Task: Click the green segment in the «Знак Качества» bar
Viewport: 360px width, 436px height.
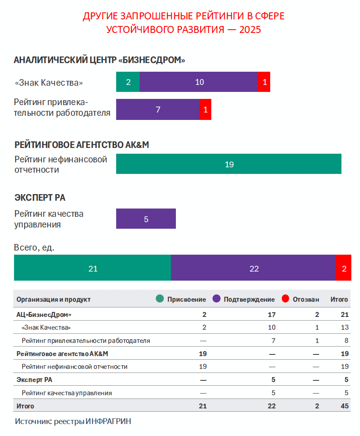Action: coord(128,82)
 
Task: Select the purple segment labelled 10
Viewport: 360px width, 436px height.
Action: coord(199,82)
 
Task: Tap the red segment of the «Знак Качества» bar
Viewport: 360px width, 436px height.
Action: coord(264,82)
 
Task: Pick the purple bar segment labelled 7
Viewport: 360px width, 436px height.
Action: coord(158,110)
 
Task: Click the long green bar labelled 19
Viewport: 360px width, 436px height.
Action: coord(229,164)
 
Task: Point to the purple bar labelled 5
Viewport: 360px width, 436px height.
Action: coord(146,219)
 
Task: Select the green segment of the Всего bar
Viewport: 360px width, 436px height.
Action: coord(93,268)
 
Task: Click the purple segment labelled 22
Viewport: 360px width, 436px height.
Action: coord(253,268)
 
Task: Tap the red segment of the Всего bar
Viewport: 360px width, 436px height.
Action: coord(344,268)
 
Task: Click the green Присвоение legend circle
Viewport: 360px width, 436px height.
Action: coord(160,299)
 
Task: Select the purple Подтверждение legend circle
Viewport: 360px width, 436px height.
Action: coord(216,299)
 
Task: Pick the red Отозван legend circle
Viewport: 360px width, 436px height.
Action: coord(285,299)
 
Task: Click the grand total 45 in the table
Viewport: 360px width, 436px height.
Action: coord(345,406)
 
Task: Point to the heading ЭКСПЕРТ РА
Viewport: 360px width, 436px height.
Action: coord(40,198)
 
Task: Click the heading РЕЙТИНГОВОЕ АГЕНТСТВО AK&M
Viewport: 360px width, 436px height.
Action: coord(82,145)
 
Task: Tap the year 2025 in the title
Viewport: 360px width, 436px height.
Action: coord(250,30)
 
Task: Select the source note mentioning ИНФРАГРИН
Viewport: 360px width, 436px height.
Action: coord(75,422)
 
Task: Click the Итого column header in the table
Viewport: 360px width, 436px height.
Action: coord(339,300)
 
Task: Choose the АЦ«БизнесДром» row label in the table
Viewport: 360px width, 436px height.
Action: coord(44,314)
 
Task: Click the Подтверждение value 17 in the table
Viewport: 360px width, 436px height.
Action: coord(271,314)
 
